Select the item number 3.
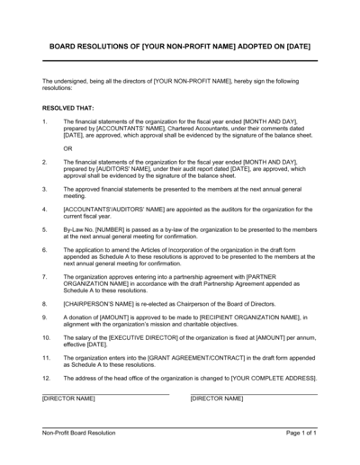click(x=45, y=191)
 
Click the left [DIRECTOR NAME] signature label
click(x=68, y=398)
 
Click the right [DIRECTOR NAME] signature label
click(x=216, y=398)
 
